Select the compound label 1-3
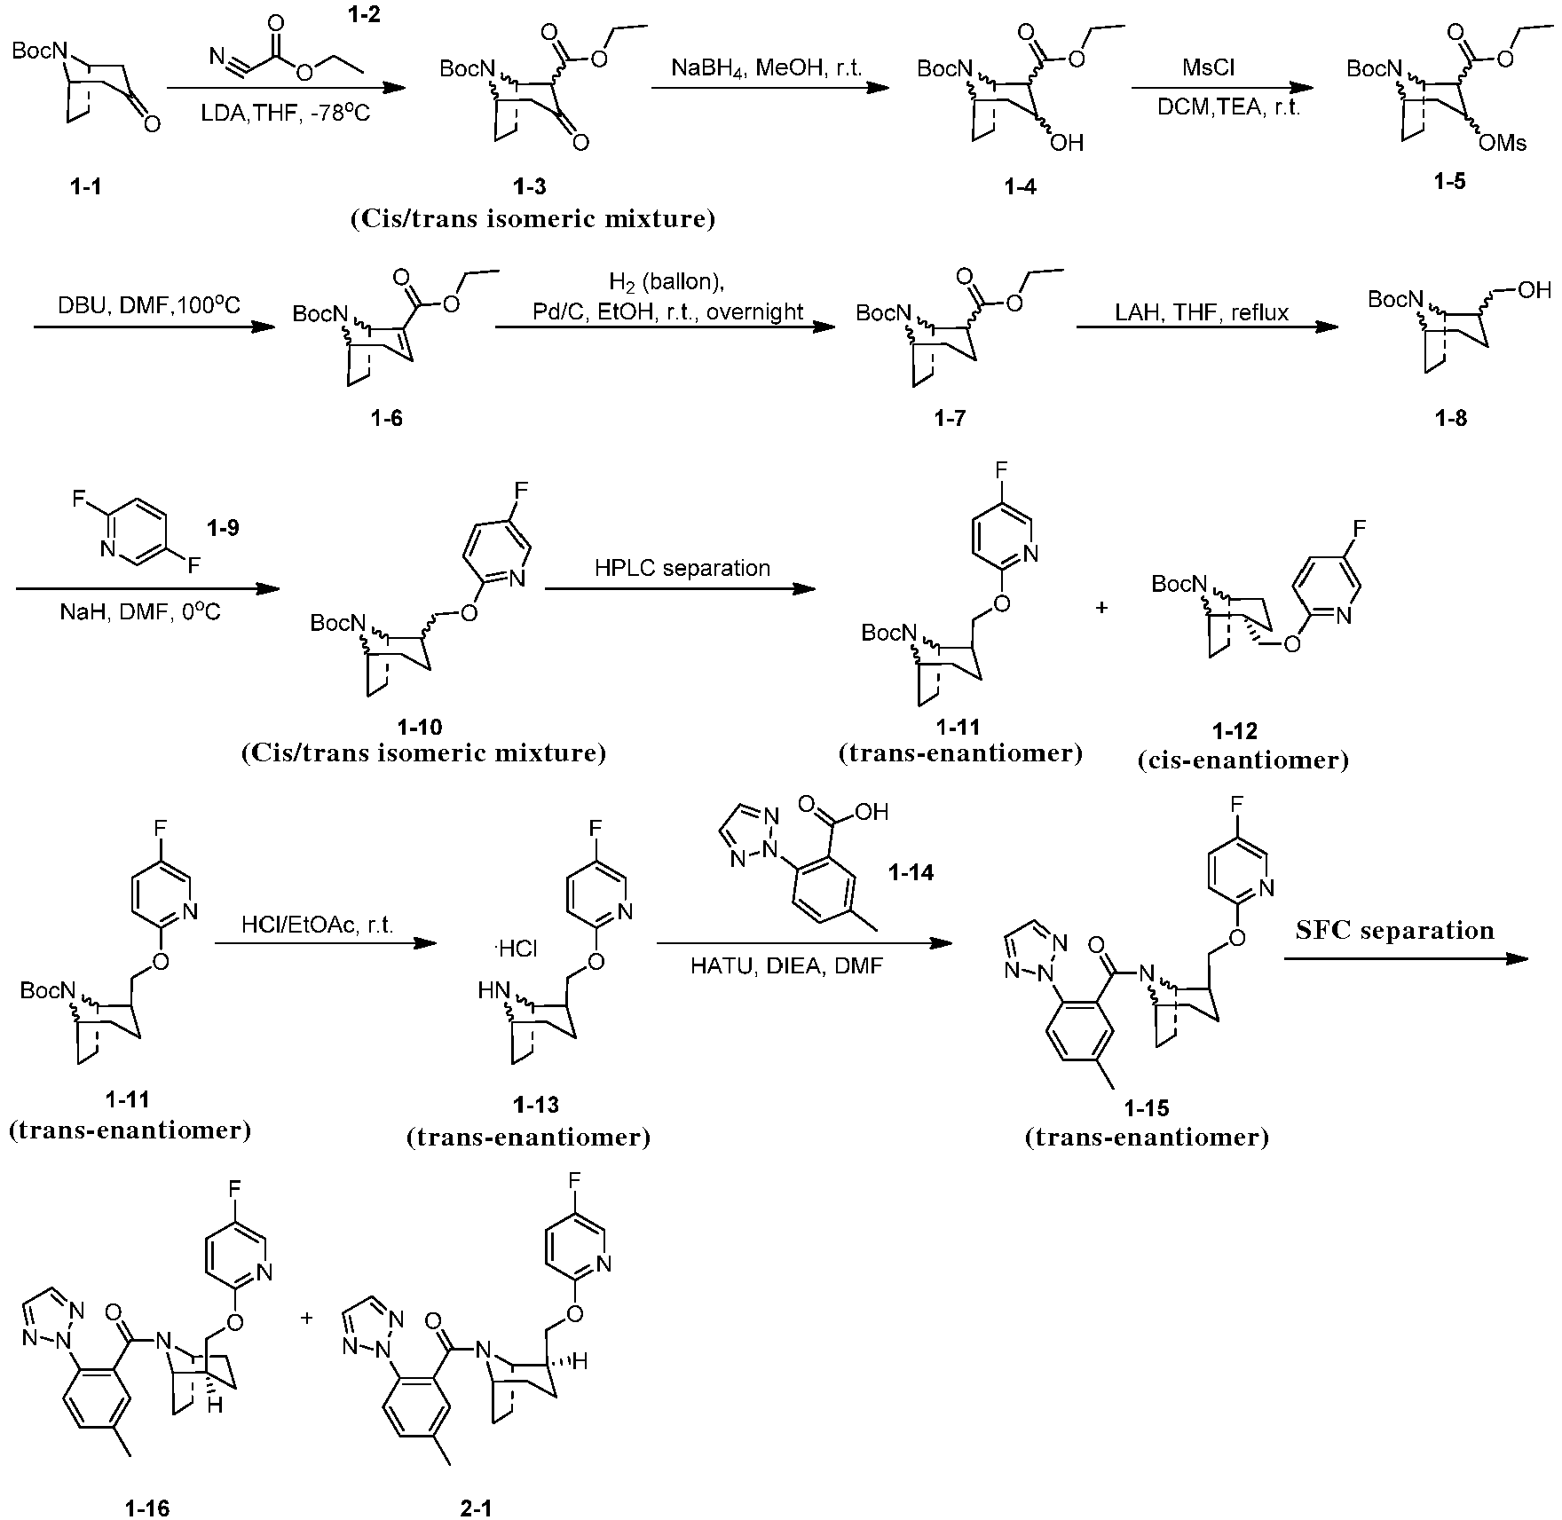(x=529, y=186)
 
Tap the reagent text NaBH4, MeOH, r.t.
(x=767, y=69)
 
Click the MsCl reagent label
(x=1209, y=67)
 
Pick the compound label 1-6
(x=387, y=418)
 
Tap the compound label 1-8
(x=1450, y=418)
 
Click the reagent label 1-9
(x=222, y=529)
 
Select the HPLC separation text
(x=682, y=568)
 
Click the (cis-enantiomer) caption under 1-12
(x=1243, y=760)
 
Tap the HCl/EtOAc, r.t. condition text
(x=318, y=925)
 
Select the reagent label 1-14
(x=911, y=873)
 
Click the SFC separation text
(x=1395, y=930)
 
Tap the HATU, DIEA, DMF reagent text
(x=786, y=965)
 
